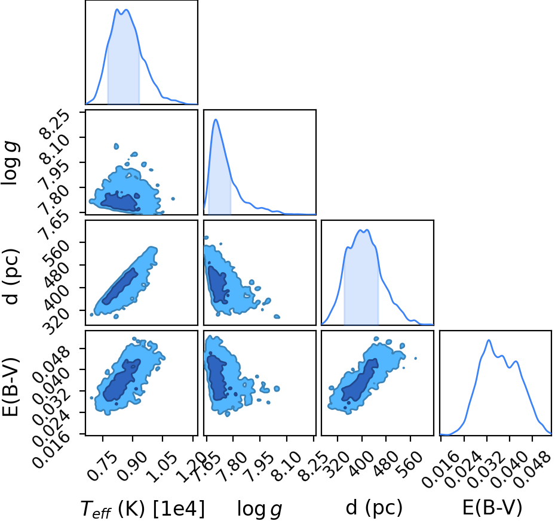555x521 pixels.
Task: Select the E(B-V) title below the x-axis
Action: coord(492,508)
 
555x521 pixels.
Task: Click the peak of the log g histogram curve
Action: coord(216,119)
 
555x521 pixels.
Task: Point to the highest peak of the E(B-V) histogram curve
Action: coord(489,340)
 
